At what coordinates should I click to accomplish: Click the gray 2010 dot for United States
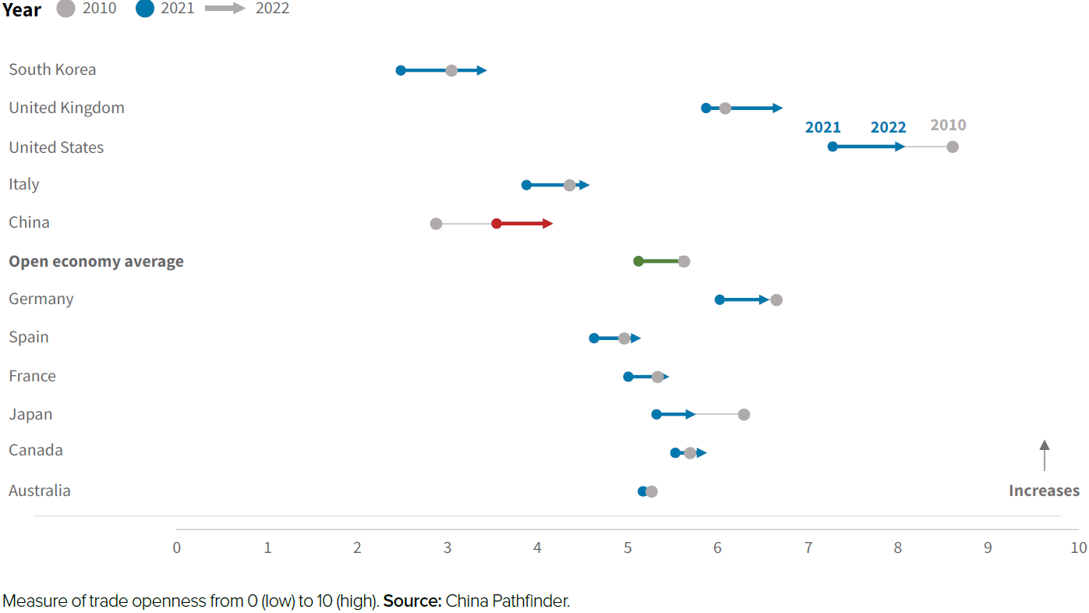click(x=952, y=147)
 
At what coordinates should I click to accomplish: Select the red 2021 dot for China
click(x=497, y=224)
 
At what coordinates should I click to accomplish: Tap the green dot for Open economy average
click(x=638, y=261)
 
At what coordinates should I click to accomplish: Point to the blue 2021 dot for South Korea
click(x=401, y=70)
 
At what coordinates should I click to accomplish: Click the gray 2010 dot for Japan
click(x=744, y=414)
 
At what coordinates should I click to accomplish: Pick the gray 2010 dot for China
click(x=436, y=224)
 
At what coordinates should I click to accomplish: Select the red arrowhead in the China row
click(x=548, y=224)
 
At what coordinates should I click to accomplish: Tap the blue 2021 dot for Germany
click(x=720, y=299)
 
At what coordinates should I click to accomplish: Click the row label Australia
click(x=40, y=491)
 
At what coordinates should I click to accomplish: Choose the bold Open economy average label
click(x=96, y=261)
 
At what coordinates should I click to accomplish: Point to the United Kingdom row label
click(x=66, y=108)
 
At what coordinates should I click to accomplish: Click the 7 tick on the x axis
click(x=808, y=547)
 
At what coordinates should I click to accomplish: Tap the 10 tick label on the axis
click(x=1077, y=547)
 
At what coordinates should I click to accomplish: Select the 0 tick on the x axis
click(x=177, y=547)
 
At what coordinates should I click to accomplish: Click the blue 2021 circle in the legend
click(x=145, y=9)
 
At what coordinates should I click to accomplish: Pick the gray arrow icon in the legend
click(x=225, y=9)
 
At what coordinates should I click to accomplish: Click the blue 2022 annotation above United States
click(x=888, y=127)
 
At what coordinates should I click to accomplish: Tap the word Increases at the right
click(x=1044, y=491)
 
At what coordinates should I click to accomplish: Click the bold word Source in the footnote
click(x=412, y=601)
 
